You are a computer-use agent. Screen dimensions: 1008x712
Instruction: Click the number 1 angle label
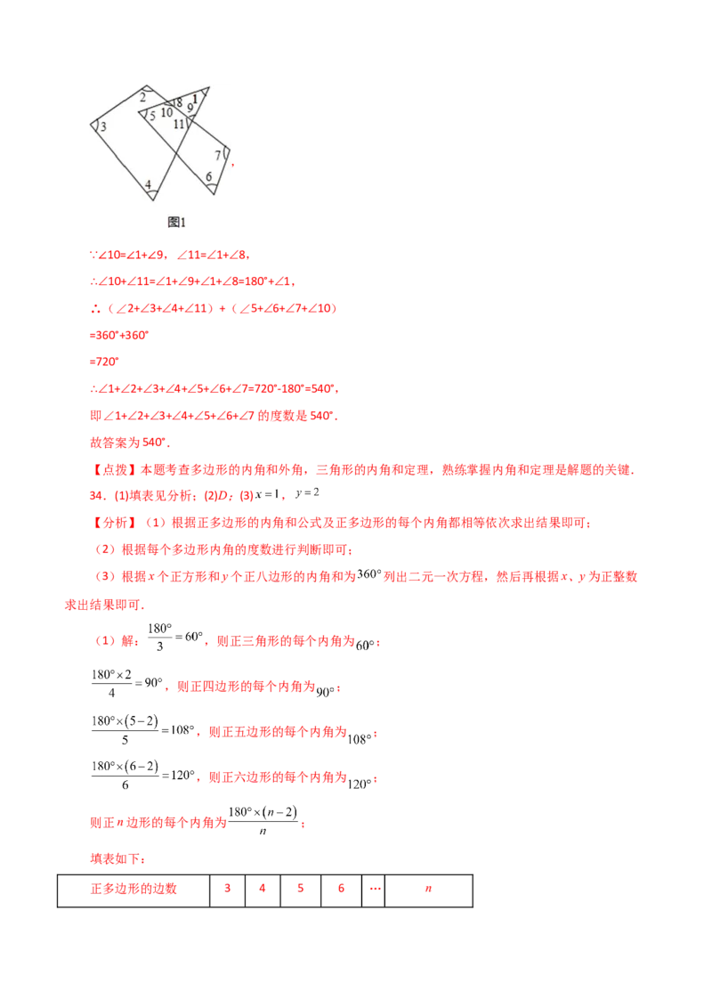point(196,98)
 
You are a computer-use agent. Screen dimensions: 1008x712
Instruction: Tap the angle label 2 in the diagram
point(142,97)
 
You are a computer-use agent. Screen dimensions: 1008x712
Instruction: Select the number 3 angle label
point(103,127)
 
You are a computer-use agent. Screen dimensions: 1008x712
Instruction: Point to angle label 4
point(149,184)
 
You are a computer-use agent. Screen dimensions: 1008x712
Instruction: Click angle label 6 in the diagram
point(209,177)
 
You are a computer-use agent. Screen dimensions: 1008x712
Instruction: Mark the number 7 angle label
point(218,156)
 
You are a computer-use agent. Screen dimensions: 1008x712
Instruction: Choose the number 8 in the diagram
point(179,103)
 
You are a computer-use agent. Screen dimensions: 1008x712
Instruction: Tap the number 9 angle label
point(190,108)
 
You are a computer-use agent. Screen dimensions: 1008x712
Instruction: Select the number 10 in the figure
point(166,112)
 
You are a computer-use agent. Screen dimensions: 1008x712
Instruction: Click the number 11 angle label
point(179,124)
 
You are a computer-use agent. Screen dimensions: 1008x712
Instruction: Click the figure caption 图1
point(176,221)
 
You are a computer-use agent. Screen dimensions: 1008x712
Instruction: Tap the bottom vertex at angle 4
point(152,199)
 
